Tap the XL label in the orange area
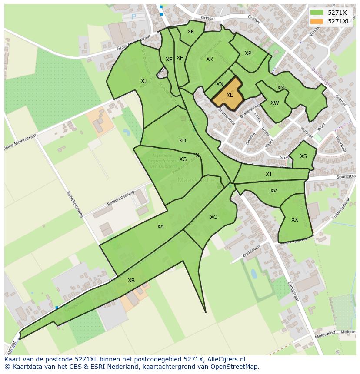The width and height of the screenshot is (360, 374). [230, 95]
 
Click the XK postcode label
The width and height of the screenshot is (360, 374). [191, 32]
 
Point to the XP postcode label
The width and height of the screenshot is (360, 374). [248, 53]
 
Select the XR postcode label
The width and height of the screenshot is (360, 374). [210, 59]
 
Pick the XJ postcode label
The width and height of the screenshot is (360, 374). [143, 81]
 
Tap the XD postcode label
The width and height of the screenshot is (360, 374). [182, 140]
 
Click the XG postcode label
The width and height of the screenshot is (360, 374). [183, 159]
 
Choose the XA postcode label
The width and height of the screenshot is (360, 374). [160, 226]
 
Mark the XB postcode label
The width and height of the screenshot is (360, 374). [131, 281]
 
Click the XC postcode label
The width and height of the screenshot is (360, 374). [213, 217]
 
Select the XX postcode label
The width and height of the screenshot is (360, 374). [295, 220]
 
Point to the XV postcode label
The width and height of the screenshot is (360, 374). [273, 191]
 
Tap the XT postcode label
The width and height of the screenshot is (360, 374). [269, 174]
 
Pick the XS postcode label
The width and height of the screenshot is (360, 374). [303, 156]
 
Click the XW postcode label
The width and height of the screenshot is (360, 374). [274, 103]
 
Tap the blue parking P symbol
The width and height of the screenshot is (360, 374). [133, 17]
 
